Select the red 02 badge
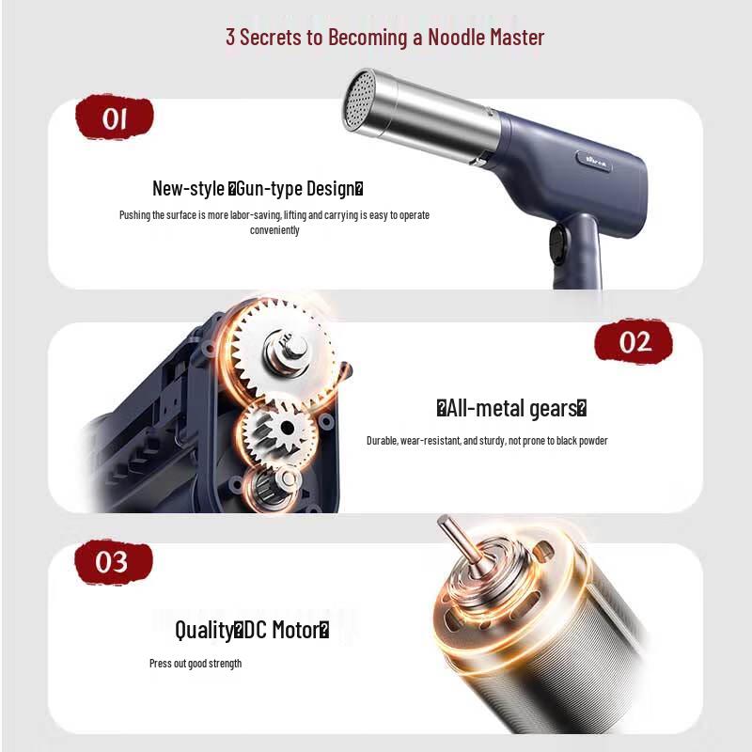[634, 340]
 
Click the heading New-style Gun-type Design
[257, 188]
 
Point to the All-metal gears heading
[511, 408]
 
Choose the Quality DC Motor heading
[252, 629]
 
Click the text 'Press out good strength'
[196, 664]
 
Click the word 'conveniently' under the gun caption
[274, 230]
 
